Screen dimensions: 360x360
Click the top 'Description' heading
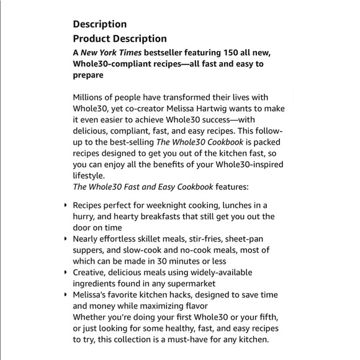point(100,24)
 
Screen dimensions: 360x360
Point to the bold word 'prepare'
point(88,76)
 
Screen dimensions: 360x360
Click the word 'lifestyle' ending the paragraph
point(89,176)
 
